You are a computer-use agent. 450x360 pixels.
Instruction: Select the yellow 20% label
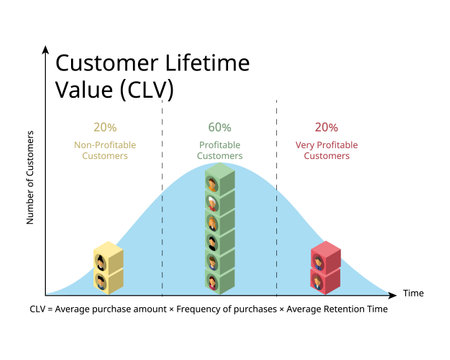pos(104,128)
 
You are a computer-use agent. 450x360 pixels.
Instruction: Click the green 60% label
pos(219,128)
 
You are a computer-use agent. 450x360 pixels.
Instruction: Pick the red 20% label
pos(326,128)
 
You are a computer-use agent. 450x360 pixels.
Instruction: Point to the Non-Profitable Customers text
pos(104,149)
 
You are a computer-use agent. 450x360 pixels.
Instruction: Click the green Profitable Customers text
pos(219,149)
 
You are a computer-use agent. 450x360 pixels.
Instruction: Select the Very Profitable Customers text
pos(326,149)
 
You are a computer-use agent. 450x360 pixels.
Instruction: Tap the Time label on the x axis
pos(414,293)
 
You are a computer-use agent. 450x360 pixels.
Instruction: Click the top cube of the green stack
pos(219,181)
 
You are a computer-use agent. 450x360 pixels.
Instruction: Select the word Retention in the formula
pos(336,309)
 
